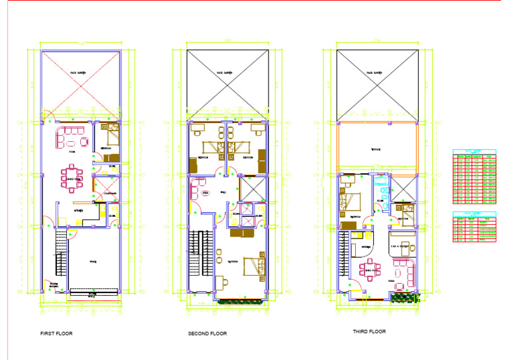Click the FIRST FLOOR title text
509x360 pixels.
point(56,333)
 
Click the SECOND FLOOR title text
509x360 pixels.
point(207,333)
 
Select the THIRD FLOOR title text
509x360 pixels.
point(369,331)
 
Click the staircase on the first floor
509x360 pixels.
point(60,252)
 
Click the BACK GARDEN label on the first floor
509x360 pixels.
point(80,73)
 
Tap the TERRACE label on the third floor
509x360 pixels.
point(378,150)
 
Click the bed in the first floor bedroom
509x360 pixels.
point(109,139)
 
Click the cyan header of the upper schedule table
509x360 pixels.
point(475,150)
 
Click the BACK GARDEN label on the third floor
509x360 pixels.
point(378,73)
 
